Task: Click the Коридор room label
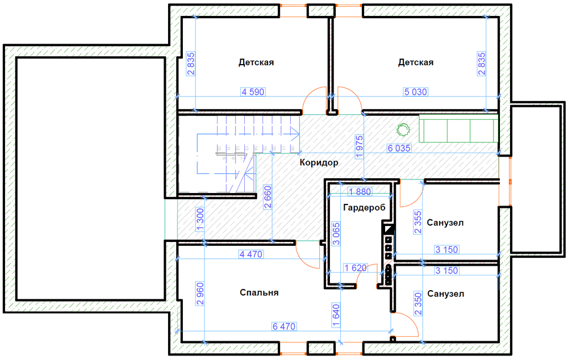coord(319,162)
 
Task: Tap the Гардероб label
coord(364,207)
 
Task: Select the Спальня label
coord(259,292)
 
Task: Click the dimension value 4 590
coord(253,92)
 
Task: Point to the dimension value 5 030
coord(416,92)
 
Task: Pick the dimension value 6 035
coord(399,148)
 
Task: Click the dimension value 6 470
coord(284,326)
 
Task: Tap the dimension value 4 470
coord(250,254)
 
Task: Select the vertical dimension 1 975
coord(359,146)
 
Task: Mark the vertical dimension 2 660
coord(268,198)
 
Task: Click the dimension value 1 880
coord(360,192)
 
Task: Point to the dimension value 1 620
coord(356,268)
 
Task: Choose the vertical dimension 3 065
coord(336,234)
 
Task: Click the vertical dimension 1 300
coord(200,220)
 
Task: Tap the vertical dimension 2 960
coord(200,294)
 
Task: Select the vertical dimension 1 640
coord(336,315)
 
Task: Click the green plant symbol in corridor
coord(403,129)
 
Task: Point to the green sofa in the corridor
coord(458,128)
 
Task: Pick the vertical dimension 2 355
coord(418,223)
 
